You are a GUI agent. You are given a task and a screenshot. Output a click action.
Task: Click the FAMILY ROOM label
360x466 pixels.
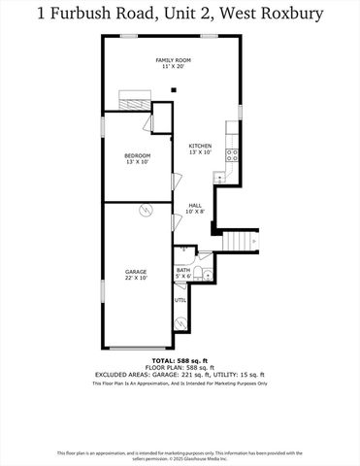point(171,60)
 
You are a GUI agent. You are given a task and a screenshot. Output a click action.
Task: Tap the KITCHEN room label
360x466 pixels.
point(200,146)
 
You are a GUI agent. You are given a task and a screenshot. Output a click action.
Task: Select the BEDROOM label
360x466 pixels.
point(137,155)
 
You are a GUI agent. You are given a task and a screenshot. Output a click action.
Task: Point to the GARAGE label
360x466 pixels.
point(136,271)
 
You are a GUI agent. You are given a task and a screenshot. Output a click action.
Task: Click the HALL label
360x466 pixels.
point(194,205)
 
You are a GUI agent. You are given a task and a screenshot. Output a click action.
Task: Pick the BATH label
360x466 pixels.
point(182,270)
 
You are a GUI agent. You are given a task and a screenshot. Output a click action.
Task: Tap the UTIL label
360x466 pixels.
point(180,300)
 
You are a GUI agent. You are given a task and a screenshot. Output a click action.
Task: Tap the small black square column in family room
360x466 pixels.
point(173,90)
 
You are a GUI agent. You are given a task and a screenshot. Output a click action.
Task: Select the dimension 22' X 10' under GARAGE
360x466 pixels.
point(136,278)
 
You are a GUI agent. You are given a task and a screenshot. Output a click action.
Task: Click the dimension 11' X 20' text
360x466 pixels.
point(171,68)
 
